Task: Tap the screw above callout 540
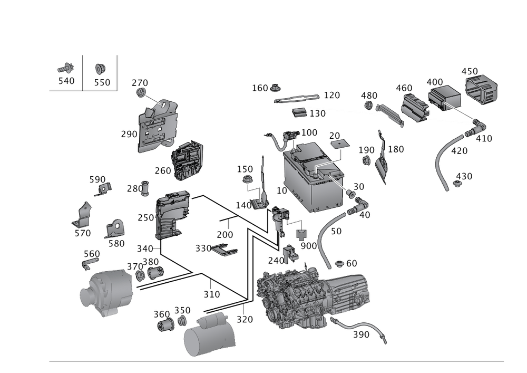[x=67, y=68]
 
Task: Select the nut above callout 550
[x=99, y=68]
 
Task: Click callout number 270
[x=140, y=83]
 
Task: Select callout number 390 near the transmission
[x=361, y=334]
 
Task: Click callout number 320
[x=245, y=319]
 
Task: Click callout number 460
[x=404, y=87]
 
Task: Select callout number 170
[x=331, y=95]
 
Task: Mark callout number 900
[x=308, y=246]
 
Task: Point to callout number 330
[x=203, y=248]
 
